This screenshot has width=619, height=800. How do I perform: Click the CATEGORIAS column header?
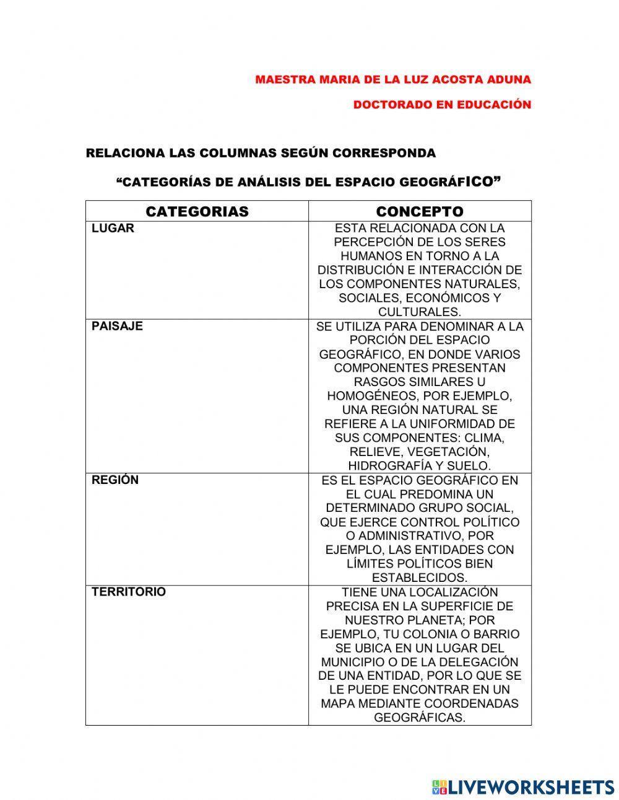coord(197,212)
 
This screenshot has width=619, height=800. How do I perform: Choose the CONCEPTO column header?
coord(419,212)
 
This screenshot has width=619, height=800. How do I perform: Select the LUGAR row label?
coord(113,229)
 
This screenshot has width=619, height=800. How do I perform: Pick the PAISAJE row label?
coord(117,327)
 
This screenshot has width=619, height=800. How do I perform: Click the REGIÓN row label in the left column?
coord(115,480)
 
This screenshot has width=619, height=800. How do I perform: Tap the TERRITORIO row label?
coord(129,592)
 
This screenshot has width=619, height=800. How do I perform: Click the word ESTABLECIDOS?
coord(418,578)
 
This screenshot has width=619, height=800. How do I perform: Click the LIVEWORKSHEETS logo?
coord(523,787)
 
